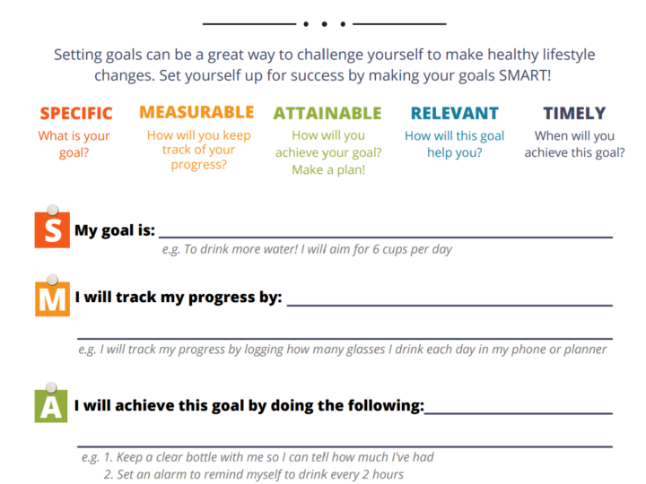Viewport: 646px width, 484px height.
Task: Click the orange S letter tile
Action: coord(52,230)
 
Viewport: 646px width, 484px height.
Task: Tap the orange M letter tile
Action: coord(52,298)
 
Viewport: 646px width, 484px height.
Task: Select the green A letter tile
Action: coord(51,406)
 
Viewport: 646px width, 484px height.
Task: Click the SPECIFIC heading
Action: coord(76,113)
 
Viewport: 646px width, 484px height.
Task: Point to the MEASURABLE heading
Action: coord(196,112)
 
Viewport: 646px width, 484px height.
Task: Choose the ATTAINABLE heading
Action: coord(327,113)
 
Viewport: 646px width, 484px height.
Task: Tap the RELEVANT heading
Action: coord(454,113)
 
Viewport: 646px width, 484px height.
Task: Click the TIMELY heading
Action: coord(574,113)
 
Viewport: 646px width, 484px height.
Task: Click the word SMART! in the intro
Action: coord(525,75)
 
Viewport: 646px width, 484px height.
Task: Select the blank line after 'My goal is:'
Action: coord(386,237)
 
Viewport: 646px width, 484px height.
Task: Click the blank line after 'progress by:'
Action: coord(450,305)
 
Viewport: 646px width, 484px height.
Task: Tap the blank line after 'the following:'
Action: coord(519,413)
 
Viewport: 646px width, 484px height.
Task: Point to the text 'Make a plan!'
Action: coord(328,169)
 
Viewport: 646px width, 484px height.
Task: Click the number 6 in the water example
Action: coord(376,249)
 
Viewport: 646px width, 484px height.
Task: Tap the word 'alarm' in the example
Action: coord(168,474)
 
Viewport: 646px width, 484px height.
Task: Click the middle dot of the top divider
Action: coord(325,24)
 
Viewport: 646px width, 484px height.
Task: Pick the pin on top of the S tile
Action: coord(53,210)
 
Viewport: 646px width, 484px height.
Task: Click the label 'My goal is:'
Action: coord(115,230)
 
